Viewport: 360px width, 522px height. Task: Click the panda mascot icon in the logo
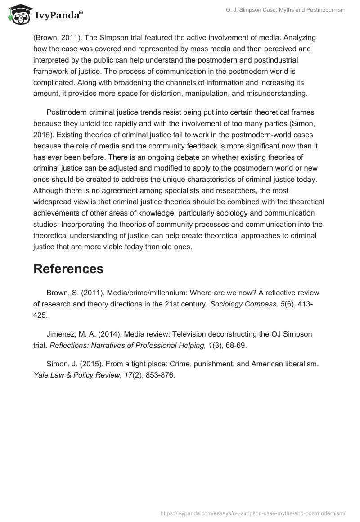[x=18, y=14]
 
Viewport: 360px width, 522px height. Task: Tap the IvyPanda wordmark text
[x=58, y=15]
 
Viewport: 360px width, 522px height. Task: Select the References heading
[x=68, y=269]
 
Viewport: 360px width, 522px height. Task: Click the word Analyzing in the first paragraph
[x=299, y=37]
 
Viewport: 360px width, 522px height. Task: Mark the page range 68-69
[x=235, y=345]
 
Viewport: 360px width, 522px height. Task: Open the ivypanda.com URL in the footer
[x=253, y=513]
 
